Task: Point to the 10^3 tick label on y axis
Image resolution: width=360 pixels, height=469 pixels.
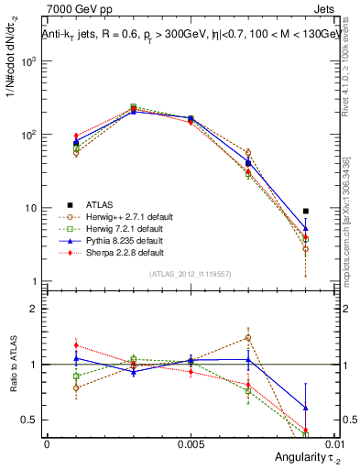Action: coord(28,61)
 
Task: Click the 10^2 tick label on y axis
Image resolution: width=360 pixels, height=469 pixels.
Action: coord(28,135)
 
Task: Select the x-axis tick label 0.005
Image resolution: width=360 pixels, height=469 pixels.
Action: coord(191,442)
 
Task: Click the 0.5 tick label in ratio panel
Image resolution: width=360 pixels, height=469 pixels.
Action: coord(30,420)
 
